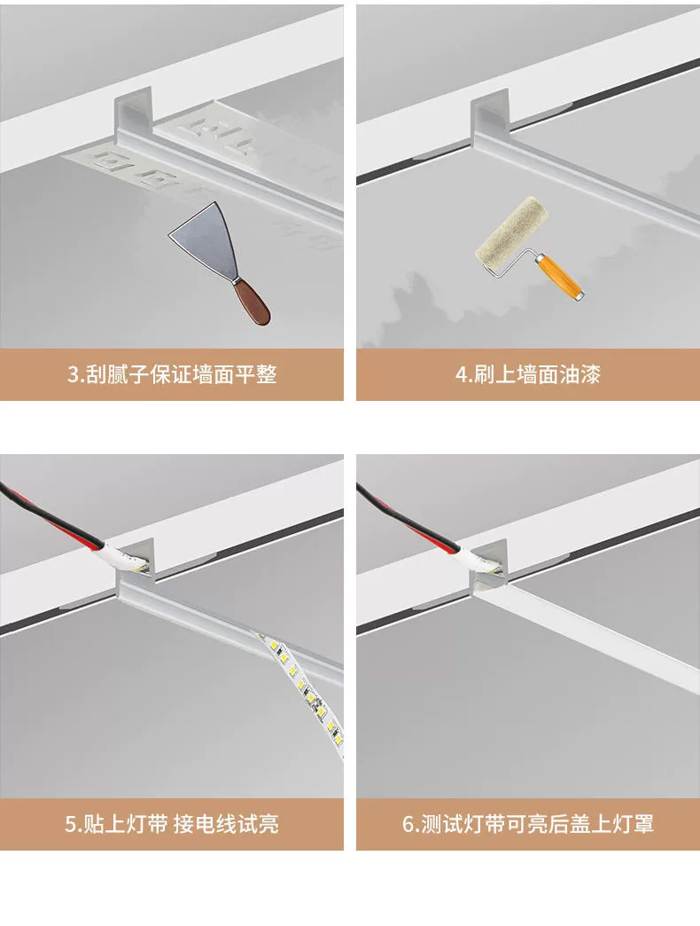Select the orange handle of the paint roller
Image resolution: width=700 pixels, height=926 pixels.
(561, 276)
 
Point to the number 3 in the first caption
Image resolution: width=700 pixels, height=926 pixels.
(74, 374)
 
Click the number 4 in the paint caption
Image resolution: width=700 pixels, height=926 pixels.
(461, 374)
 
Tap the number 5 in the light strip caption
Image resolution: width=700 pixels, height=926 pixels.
(71, 824)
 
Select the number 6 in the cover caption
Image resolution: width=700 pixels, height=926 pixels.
(408, 824)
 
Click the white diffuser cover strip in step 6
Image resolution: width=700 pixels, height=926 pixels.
(603, 639)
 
